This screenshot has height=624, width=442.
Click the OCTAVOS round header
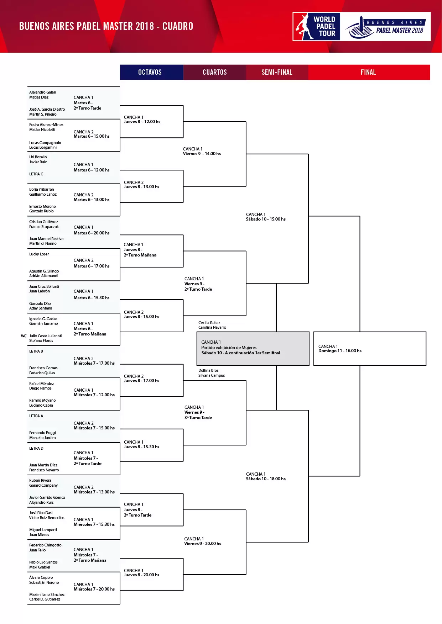coord(150,72)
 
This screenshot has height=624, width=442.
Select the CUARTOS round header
coord(214,72)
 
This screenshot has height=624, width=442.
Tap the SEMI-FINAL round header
coord(277,72)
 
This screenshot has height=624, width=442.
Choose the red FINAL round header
coord(368,72)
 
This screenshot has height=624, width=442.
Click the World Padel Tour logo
coord(317,27)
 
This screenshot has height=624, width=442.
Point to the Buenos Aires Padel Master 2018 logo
coord(385,27)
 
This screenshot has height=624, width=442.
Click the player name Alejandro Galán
coord(43,92)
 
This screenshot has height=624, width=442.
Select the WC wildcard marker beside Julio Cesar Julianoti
coord(24,336)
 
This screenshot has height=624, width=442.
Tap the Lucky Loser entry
coord(39,254)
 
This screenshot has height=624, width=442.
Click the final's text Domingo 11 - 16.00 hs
coord(340,351)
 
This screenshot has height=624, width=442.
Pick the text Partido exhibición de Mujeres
coord(229,348)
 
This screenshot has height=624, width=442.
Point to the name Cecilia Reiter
coord(209,323)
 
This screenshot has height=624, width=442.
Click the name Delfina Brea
coord(208,370)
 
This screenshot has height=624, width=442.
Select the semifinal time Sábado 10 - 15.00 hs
coord(266,219)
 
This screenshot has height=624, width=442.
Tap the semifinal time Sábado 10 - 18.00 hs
coord(266,479)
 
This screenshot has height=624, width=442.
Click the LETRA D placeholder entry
coord(36,448)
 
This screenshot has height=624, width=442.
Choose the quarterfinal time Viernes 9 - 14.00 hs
coord(202,154)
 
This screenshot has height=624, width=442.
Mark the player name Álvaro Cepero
coord(41,577)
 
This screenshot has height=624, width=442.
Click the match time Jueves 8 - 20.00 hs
coord(141,575)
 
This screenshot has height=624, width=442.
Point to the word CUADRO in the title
coord(178,26)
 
